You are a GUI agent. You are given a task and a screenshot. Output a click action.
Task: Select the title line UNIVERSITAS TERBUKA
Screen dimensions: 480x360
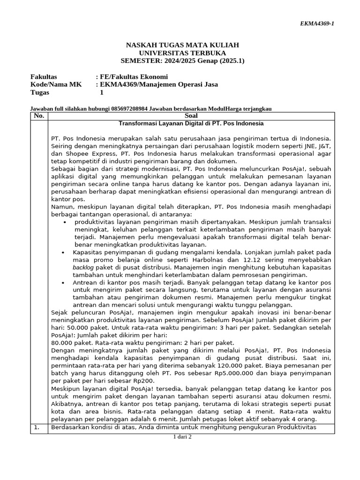tap(182, 52)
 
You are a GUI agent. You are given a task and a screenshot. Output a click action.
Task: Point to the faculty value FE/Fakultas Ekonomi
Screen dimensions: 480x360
tap(134, 76)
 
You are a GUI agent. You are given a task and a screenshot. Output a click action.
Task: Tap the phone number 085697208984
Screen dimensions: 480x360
tap(133, 109)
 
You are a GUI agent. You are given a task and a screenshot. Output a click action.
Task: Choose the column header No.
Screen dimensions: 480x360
tap(39, 116)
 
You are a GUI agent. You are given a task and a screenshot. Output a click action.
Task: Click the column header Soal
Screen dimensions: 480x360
tap(191, 116)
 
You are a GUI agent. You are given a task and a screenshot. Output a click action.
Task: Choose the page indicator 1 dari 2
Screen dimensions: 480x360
tap(182, 437)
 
